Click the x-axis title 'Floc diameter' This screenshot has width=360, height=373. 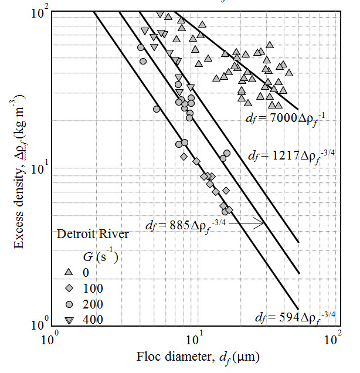click(x=198, y=357)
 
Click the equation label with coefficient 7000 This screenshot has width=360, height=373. click(x=285, y=120)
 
